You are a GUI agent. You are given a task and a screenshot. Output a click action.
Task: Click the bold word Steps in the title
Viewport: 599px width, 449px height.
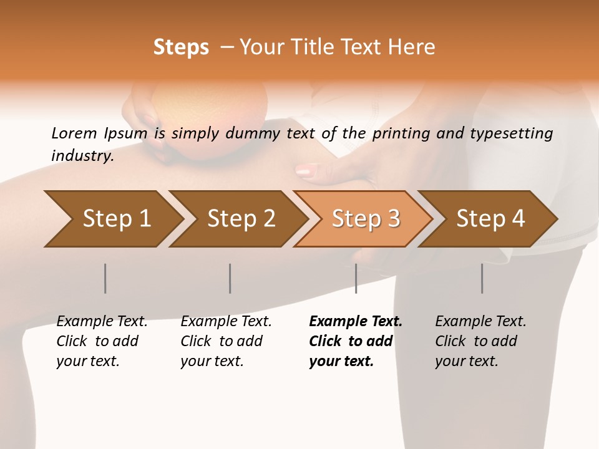click(181, 47)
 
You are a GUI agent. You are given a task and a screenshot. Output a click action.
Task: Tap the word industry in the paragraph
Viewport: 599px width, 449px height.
click(82, 155)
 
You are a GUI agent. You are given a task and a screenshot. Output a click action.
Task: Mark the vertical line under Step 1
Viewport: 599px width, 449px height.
click(105, 278)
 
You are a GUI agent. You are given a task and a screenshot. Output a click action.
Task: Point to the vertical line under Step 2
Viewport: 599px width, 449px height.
click(230, 278)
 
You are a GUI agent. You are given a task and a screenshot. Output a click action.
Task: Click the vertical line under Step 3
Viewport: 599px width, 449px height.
click(356, 278)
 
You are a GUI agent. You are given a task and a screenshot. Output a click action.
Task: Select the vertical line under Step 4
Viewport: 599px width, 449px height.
click(482, 278)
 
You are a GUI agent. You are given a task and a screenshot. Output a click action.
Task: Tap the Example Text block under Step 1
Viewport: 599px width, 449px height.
click(102, 341)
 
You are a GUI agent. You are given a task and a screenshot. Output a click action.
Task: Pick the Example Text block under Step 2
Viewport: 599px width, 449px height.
click(226, 341)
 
